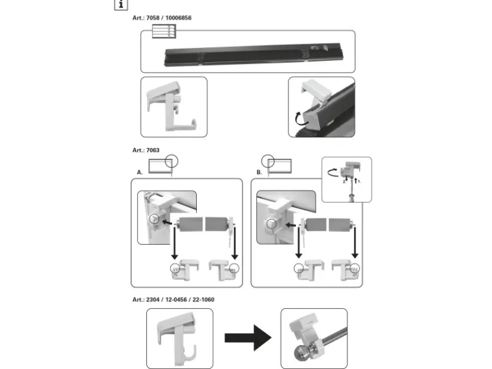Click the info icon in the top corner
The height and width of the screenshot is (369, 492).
coord(121,4)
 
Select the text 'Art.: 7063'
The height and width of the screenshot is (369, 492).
coord(146,149)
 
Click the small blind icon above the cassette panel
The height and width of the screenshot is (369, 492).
coord(163,31)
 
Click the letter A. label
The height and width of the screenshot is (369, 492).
coord(140,172)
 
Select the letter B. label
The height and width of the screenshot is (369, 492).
coord(260,172)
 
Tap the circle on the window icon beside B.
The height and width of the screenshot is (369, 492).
coord(268,159)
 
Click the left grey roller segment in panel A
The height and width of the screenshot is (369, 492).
coord(189,223)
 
